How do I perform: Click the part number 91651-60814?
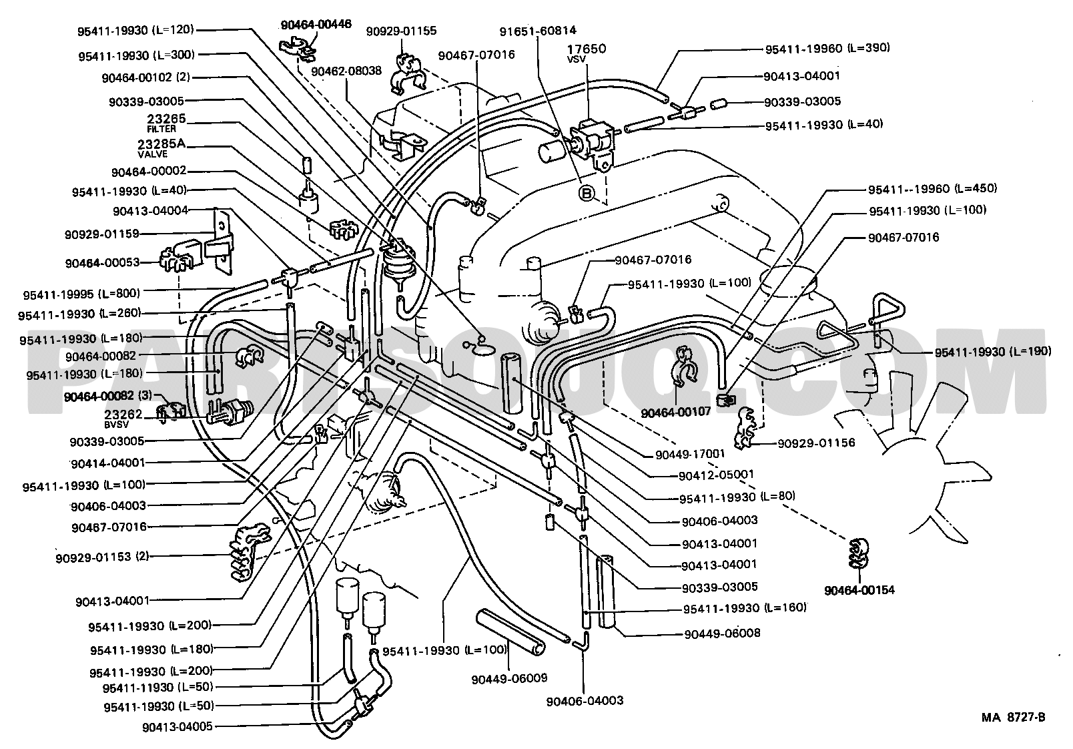[x=538, y=31]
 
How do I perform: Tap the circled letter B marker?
[x=587, y=193]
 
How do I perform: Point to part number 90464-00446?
[x=316, y=25]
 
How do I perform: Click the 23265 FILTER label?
[x=166, y=123]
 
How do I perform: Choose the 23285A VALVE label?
[x=161, y=149]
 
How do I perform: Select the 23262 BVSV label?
[x=123, y=419]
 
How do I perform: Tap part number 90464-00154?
[x=859, y=590]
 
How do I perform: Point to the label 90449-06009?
[x=509, y=679]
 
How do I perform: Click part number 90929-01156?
[x=816, y=443]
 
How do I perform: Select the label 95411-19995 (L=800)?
[x=81, y=294]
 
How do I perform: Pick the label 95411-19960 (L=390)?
[x=827, y=49]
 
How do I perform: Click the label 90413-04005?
[x=177, y=727]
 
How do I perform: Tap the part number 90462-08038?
[x=346, y=71]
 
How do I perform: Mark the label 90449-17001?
[x=690, y=454]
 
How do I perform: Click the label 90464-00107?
[x=676, y=412]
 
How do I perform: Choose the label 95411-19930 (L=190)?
[x=993, y=352]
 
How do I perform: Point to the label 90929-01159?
[x=102, y=234]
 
